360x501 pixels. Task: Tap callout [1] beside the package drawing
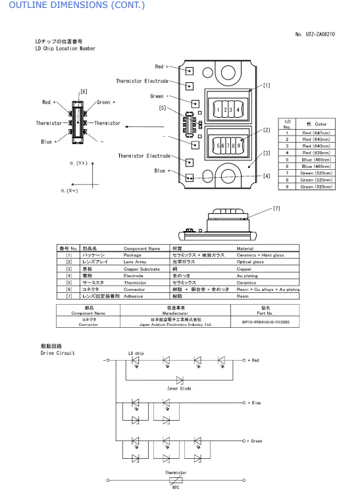[266, 84]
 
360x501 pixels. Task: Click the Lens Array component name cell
[138, 261]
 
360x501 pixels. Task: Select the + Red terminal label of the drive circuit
[254, 361]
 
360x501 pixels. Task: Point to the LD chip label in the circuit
[136, 353]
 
